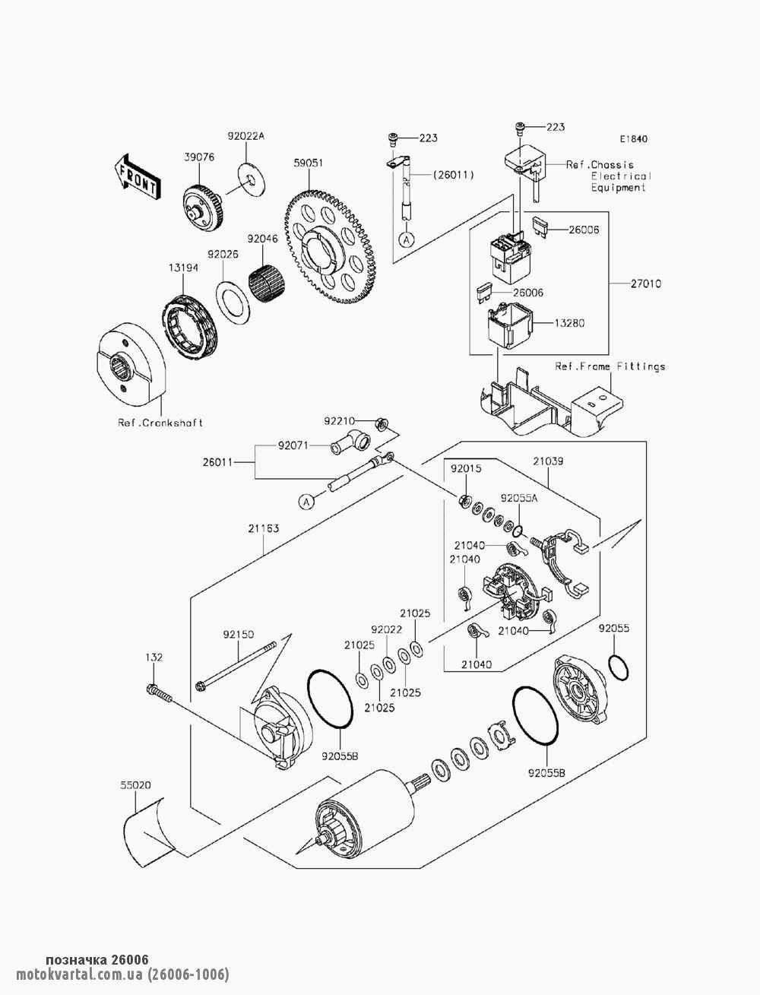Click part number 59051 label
[309, 163]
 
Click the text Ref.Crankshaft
[160, 423]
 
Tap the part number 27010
[645, 284]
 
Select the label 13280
[569, 322]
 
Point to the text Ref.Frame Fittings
[610, 366]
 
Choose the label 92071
[293, 447]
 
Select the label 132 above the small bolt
[154, 657]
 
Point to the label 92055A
[519, 498]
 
